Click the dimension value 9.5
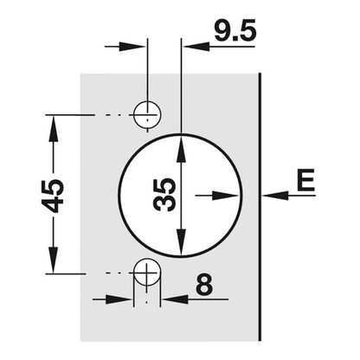pyautogui.click(x=235, y=30)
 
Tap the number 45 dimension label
pyautogui.click(x=52, y=196)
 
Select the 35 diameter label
pyautogui.click(x=164, y=195)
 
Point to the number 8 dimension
pyautogui.click(x=204, y=284)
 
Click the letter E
pyautogui.click(x=305, y=180)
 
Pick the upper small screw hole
pyautogui.click(x=147, y=114)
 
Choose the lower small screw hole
pyautogui.click(x=147, y=272)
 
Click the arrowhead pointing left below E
pyautogui.click(x=275, y=196)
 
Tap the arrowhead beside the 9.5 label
pyautogui.click(x=196, y=46)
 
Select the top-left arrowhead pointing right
pyautogui.click(x=132, y=46)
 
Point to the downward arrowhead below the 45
pyautogui.click(x=54, y=260)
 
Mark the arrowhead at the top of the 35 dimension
pyautogui.click(x=181, y=148)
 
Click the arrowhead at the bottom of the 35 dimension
pyautogui.click(x=181, y=242)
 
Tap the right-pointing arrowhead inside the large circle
pyautogui.click(x=226, y=196)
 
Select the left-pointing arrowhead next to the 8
pyautogui.click(x=174, y=299)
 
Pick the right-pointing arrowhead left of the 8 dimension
pyautogui.click(x=119, y=299)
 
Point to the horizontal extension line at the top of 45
pyautogui.click(x=70, y=115)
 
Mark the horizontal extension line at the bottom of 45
pyautogui.click(x=65, y=273)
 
